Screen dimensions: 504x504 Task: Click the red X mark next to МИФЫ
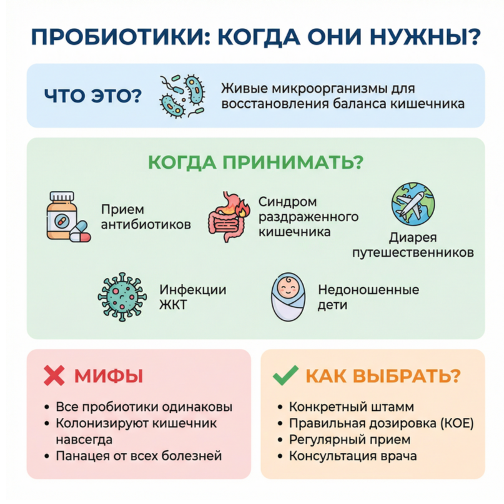(x=54, y=375)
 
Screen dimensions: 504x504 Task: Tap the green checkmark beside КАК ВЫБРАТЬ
(x=285, y=375)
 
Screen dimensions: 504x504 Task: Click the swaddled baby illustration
(x=288, y=297)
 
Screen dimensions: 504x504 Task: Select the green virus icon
(x=122, y=297)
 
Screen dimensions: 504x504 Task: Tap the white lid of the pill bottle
(x=62, y=196)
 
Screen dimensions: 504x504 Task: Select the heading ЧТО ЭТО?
(x=93, y=96)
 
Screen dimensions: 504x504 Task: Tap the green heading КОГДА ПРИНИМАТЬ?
(x=255, y=162)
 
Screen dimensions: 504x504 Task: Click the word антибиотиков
(x=146, y=224)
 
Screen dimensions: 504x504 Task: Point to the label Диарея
(x=413, y=238)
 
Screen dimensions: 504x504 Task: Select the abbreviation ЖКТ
(x=173, y=305)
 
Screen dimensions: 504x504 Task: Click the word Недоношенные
(x=368, y=290)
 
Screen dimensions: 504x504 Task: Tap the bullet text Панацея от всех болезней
(x=139, y=456)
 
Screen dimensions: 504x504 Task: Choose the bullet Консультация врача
(x=353, y=456)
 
